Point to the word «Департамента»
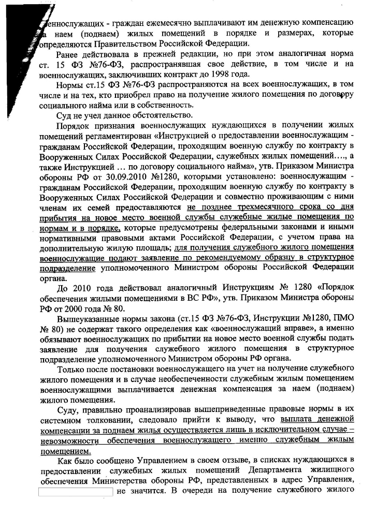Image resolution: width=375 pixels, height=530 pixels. [271, 472]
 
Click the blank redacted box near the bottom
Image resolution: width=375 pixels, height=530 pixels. [76, 491]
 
